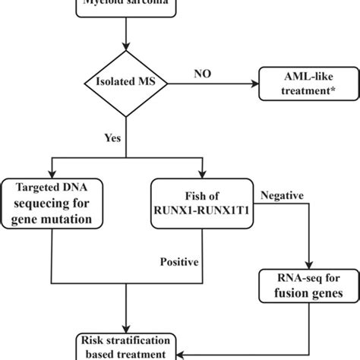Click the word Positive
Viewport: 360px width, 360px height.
point(180,262)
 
